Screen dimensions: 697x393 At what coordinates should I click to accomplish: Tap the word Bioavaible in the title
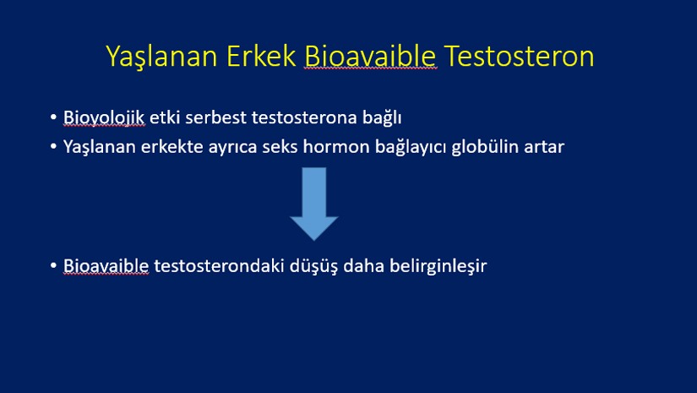(x=370, y=56)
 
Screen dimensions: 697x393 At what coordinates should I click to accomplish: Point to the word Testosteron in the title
(x=519, y=56)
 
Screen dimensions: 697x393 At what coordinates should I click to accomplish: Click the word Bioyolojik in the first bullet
(x=104, y=117)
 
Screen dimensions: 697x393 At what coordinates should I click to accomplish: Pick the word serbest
(x=215, y=117)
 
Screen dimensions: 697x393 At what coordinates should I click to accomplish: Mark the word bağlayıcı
(x=411, y=147)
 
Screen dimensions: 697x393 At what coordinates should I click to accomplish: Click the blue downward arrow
(x=314, y=204)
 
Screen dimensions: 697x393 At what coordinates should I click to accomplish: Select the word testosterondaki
(x=219, y=266)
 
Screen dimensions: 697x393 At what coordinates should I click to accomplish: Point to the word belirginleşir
(x=438, y=266)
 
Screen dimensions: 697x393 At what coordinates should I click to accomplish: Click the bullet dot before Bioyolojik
(x=53, y=117)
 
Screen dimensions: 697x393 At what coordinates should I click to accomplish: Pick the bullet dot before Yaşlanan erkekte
(x=53, y=146)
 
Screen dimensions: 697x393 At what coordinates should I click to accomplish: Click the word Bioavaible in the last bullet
(x=106, y=266)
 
